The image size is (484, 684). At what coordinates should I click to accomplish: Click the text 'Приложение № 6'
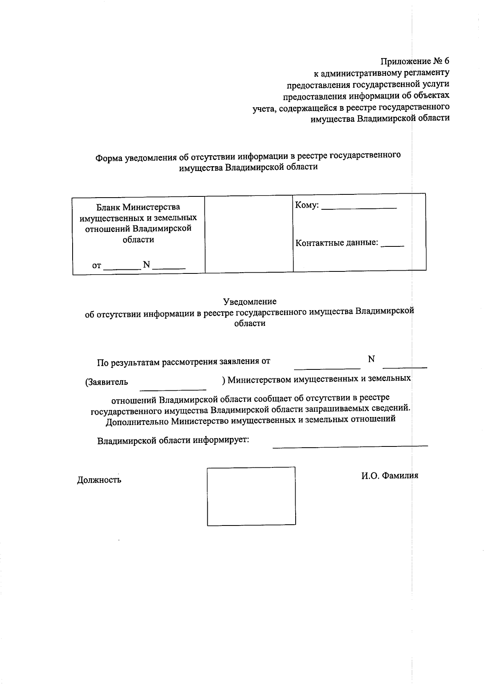pos(415,62)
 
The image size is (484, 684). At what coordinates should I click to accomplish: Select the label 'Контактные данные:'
pos(337,243)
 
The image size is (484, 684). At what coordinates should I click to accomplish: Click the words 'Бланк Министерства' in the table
pos(138,207)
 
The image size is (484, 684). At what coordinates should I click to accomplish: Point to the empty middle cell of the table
pos(249,234)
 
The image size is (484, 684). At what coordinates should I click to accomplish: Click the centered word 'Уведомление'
pos(250,302)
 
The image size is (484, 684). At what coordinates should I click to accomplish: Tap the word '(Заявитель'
pos(106,382)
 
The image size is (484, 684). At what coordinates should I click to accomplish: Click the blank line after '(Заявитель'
pos(173,388)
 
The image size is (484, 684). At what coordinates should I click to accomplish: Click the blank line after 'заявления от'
pos(327,367)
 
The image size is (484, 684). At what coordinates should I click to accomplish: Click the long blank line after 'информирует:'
pos(350,445)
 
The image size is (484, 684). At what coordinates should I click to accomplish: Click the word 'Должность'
pos(99,480)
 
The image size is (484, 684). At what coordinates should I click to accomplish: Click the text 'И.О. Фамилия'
pos(390,476)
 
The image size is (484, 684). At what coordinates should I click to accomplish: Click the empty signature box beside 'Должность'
pos(251,496)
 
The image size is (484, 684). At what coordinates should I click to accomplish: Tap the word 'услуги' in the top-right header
pos(436,85)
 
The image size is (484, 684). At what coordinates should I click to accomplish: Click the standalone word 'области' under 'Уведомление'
pos(250,323)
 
